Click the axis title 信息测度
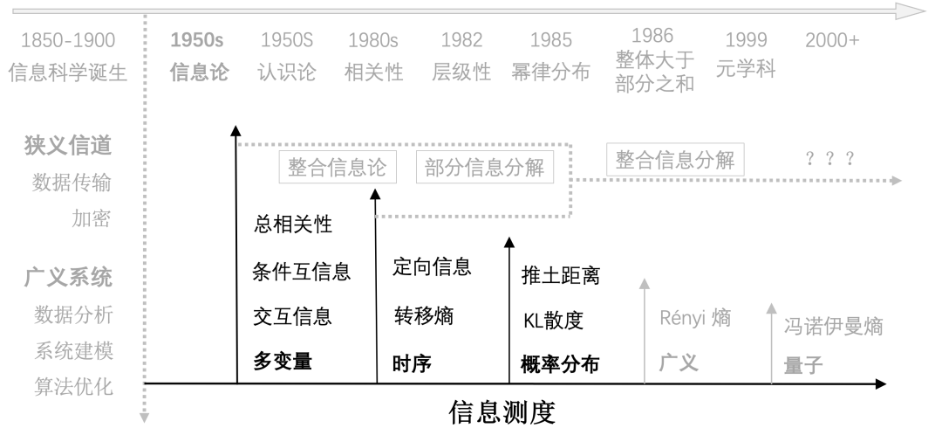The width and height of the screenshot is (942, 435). (x=502, y=411)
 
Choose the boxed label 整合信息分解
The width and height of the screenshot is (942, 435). (x=675, y=160)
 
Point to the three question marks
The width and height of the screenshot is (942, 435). (x=829, y=160)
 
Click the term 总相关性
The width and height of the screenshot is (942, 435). (x=292, y=225)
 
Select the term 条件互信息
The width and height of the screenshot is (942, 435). (x=301, y=272)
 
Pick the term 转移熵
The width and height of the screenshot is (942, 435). (x=423, y=316)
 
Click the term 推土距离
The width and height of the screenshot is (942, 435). (x=560, y=276)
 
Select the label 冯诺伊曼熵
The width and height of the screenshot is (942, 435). (x=833, y=328)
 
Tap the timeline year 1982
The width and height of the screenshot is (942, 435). (x=462, y=40)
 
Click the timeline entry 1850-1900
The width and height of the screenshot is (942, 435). (x=68, y=40)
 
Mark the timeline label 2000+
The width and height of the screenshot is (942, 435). (x=832, y=40)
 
